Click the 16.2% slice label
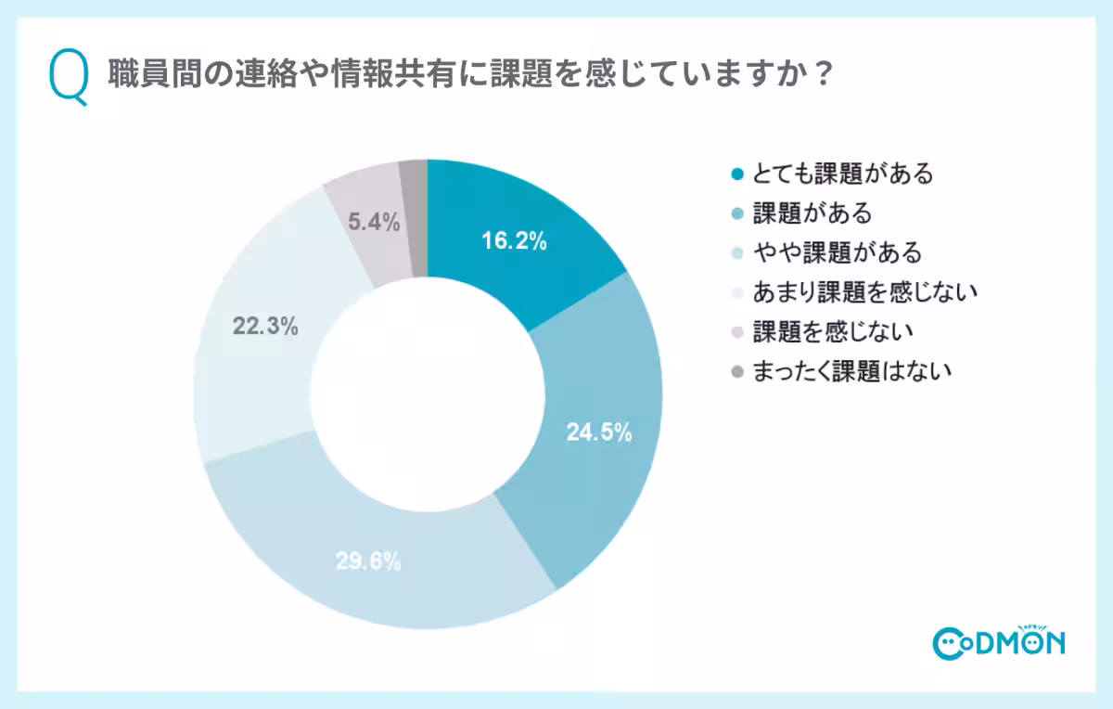pyautogui.click(x=514, y=242)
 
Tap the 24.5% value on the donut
pyautogui.click(x=599, y=432)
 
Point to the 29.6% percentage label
pyautogui.click(x=368, y=561)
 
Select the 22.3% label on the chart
pyautogui.click(x=265, y=326)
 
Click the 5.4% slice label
pyautogui.click(x=374, y=222)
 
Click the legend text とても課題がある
pyautogui.click(x=843, y=174)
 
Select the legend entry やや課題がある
pyautogui.click(x=838, y=252)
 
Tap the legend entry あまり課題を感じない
pyautogui.click(x=866, y=292)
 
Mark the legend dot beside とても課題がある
pyautogui.click(x=737, y=174)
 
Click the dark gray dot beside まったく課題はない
pyautogui.click(x=737, y=371)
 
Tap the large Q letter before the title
pyautogui.click(x=70, y=78)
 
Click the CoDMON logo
pyautogui.click(x=998, y=640)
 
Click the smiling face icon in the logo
pyautogui.click(x=950, y=642)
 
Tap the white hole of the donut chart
pyautogui.click(x=428, y=393)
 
